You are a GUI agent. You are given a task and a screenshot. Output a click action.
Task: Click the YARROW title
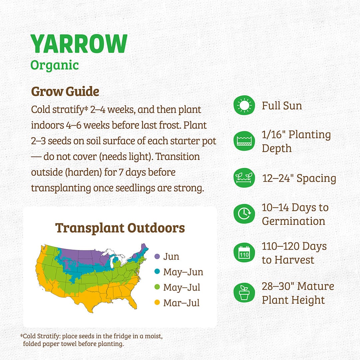point(79,44)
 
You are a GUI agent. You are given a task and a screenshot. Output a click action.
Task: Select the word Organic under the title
point(55,65)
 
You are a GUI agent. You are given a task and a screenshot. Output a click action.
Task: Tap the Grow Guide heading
point(65,91)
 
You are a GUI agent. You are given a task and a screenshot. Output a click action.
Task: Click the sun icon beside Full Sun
point(244,106)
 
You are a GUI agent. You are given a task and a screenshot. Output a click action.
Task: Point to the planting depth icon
point(244,141)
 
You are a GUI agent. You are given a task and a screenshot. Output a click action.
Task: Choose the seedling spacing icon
point(244,178)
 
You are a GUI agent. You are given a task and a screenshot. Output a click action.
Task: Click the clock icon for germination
point(244,214)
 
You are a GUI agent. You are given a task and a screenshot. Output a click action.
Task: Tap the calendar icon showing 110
point(244,253)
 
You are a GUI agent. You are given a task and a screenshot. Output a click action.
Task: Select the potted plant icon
point(244,293)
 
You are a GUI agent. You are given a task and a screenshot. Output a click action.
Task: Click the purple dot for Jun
point(157,256)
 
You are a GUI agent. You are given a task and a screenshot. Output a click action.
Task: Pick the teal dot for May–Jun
point(157,272)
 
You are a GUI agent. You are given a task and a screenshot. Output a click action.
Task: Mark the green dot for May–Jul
point(157,287)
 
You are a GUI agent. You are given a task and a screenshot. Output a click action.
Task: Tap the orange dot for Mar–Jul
point(157,303)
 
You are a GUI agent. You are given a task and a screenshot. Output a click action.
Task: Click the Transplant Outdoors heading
point(120,228)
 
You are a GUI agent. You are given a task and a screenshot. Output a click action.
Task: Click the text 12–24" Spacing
point(299,178)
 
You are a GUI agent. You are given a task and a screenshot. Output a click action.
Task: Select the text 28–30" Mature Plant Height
point(298,293)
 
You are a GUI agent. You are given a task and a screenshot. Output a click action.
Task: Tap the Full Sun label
point(282,106)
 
